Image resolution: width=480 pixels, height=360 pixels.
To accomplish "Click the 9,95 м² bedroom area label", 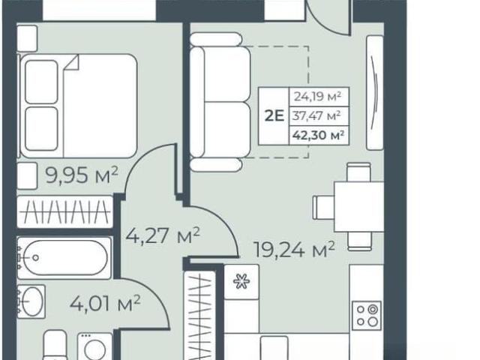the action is [x=82, y=175].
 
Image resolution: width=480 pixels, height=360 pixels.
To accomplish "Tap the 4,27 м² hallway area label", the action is [x=163, y=235].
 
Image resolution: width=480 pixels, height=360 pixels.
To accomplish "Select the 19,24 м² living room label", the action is [x=294, y=250].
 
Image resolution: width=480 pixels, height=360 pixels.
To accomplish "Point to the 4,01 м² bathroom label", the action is [x=105, y=303].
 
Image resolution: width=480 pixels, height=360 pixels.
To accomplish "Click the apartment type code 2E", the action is [x=274, y=116].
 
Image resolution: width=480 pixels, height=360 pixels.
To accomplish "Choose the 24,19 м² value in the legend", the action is [x=317, y=97].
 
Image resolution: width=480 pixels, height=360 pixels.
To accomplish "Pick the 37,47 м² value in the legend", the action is [x=316, y=116].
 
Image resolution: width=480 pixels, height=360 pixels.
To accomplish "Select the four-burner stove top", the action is [x=367, y=316].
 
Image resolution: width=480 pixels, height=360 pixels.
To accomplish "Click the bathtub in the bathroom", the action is [x=64, y=258].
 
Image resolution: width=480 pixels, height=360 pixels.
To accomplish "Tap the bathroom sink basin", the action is [x=31, y=301].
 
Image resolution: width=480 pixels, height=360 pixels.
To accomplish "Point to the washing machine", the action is [x=95, y=346].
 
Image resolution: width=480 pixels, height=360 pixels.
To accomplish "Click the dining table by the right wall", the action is [x=359, y=207].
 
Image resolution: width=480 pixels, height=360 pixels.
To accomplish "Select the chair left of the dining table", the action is [x=323, y=207].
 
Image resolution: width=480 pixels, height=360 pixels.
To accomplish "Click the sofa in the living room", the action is [x=220, y=102].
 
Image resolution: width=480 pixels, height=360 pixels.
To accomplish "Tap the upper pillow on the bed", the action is [x=41, y=82].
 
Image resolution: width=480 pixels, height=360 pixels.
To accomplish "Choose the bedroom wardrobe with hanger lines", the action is [x=65, y=211].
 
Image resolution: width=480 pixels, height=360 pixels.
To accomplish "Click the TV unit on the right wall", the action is [x=375, y=93].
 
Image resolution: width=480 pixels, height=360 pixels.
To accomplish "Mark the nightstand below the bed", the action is [x=27, y=175].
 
